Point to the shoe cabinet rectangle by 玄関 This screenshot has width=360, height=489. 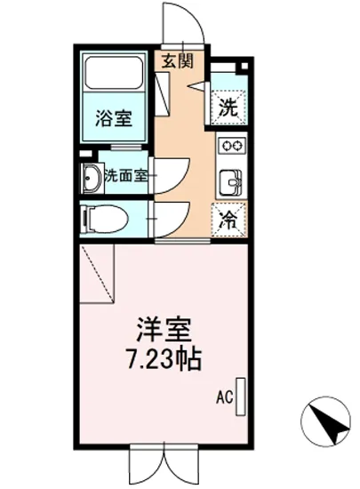pos(164,91)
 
